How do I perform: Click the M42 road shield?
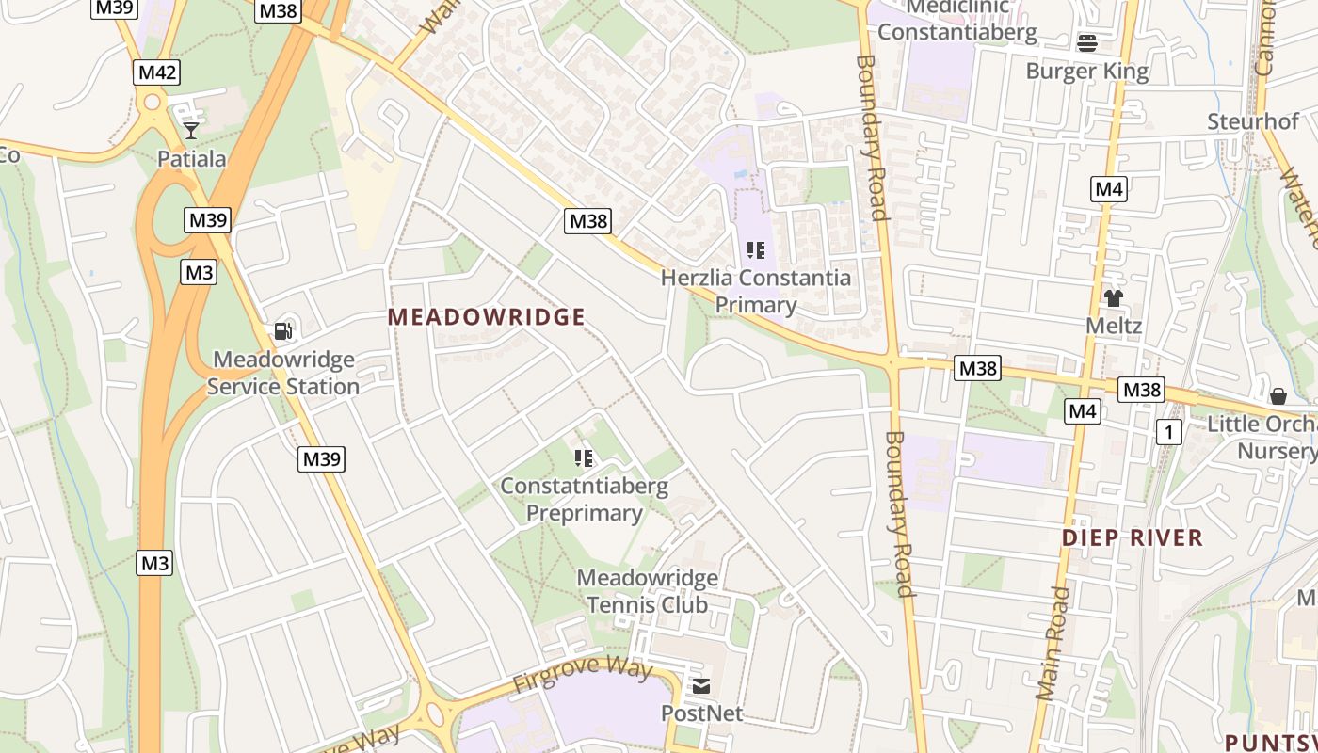[x=156, y=72]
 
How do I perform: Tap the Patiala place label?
[x=191, y=158]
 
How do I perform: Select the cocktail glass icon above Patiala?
[x=191, y=130]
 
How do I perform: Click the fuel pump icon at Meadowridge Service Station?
[x=282, y=330]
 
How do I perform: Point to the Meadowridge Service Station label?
[x=282, y=373]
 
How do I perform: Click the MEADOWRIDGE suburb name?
[x=487, y=317]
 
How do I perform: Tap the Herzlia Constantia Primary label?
[x=755, y=291]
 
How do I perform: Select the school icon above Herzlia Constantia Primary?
[x=755, y=249]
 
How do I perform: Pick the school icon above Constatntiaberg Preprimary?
[x=584, y=458]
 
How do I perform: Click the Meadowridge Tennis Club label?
[x=647, y=590]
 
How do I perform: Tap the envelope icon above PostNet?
[x=701, y=686]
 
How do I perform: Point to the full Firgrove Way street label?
[x=582, y=675]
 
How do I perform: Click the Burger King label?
[x=1086, y=72]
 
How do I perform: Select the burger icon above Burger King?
[x=1087, y=42]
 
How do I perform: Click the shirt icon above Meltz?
[x=1114, y=298]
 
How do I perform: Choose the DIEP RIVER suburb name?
[x=1133, y=537]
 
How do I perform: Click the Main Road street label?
[x=1052, y=644]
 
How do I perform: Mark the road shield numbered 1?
[x=1168, y=432]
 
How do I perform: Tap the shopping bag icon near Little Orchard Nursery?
[x=1278, y=396]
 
